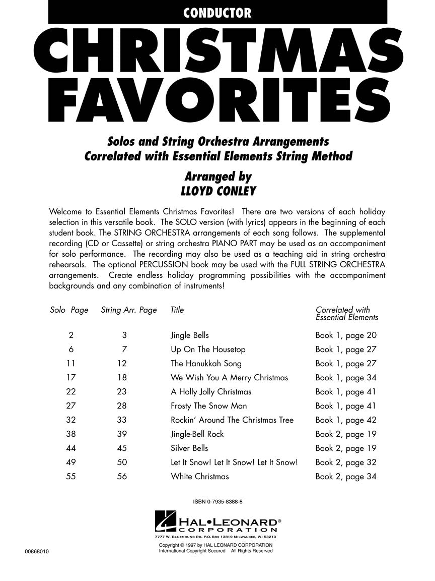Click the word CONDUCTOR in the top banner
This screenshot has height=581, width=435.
coord(217,14)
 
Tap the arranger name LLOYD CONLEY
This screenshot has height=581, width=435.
coord(218,192)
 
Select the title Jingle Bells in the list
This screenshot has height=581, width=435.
coord(190,335)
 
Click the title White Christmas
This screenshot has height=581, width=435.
coord(200,476)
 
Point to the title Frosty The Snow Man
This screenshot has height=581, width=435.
coord(209,406)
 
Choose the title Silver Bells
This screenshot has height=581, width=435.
coord(189,448)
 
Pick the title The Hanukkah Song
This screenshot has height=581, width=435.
coord(206,364)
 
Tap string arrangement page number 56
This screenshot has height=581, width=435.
coord(122,476)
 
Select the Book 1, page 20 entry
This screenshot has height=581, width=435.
coord(346,335)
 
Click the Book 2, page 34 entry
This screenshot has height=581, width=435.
coord(346,476)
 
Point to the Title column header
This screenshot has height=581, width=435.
coord(177,310)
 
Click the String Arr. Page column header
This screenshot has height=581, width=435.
coord(129,310)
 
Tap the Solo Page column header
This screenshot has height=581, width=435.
coord(69,310)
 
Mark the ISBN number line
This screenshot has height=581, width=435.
coord(217,501)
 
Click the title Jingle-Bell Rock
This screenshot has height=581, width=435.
coord(197,434)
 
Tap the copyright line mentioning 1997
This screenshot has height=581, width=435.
coord(216,545)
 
